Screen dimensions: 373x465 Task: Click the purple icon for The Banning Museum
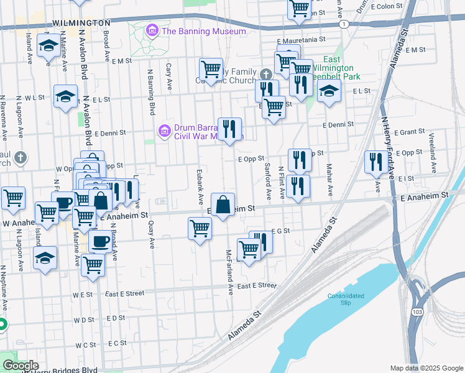click(151, 30)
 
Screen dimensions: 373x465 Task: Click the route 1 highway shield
click(343, 23)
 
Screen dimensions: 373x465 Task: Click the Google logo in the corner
click(20, 366)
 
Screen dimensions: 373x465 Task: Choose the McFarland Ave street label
click(229, 272)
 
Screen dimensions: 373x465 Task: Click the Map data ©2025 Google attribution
click(426, 367)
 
